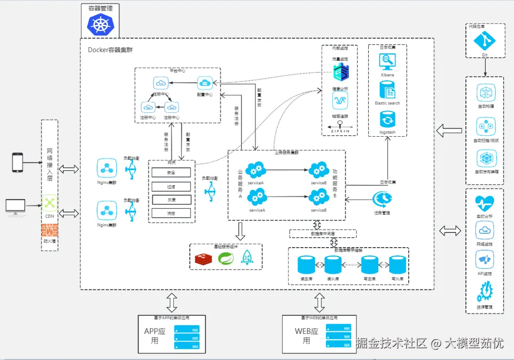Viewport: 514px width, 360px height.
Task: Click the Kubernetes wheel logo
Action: pyautogui.click(x=100, y=25)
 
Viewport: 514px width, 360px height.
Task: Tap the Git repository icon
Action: pyautogui.click(x=484, y=41)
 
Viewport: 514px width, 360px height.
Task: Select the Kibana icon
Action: pyautogui.click(x=387, y=62)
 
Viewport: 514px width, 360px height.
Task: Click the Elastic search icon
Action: pyautogui.click(x=387, y=90)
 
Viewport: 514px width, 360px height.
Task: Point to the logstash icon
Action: pyautogui.click(x=387, y=119)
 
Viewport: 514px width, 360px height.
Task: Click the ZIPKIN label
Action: pyautogui.click(x=340, y=130)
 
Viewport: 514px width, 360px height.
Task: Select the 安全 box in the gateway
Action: pyautogui.click(x=171, y=172)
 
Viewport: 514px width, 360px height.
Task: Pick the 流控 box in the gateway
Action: pyautogui.click(x=171, y=213)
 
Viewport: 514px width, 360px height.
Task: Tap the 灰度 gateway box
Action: pyautogui.click(x=171, y=200)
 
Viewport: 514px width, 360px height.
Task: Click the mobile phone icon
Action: pyautogui.click(x=18, y=162)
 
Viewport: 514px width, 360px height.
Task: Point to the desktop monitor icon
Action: pyautogui.click(x=16, y=206)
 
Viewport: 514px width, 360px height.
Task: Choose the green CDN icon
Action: pyautogui.click(x=49, y=203)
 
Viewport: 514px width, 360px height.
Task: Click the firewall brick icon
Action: pyautogui.click(x=49, y=230)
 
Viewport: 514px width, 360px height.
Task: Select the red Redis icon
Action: pyautogui.click(x=203, y=259)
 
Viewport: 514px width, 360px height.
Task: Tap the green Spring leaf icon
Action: pyautogui.click(x=226, y=259)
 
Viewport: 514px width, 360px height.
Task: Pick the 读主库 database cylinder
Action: pyautogui.click(x=306, y=265)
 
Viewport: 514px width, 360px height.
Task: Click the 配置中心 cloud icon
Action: pyautogui.click(x=205, y=83)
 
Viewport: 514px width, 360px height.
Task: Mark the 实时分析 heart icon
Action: pyautogui.click(x=484, y=204)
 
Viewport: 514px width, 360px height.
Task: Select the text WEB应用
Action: pyautogui.click(x=306, y=336)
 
